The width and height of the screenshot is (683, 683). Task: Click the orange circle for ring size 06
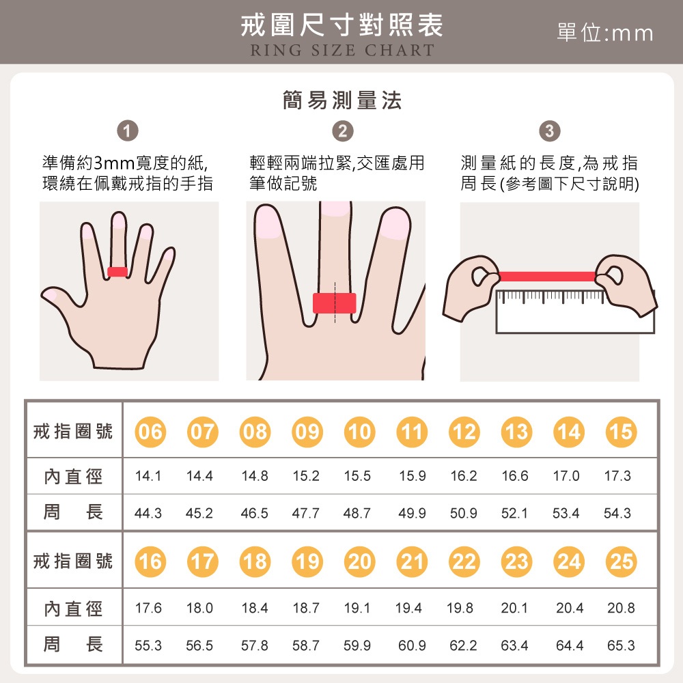tap(150, 432)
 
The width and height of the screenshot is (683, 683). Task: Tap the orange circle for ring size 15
tap(621, 432)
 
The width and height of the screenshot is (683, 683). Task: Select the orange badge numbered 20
tap(359, 561)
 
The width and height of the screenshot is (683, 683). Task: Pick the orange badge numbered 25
tap(621, 561)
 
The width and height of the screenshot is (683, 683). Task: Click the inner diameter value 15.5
tap(357, 475)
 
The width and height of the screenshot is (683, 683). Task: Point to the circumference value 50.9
tap(464, 513)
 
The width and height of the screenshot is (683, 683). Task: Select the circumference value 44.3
tap(148, 513)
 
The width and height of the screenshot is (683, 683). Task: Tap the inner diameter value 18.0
tap(199, 608)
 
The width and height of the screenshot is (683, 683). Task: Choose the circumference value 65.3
tap(621, 645)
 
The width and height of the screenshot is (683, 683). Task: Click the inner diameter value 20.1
tap(514, 608)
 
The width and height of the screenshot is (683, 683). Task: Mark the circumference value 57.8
tap(255, 645)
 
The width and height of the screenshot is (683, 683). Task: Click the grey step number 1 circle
tap(128, 130)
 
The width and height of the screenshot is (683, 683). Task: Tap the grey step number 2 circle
tap(343, 130)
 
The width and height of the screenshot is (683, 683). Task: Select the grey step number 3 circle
tap(550, 130)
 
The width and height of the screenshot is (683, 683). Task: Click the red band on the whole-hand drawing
tap(117, 272)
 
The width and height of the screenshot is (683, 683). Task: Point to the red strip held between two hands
tap(547, 276)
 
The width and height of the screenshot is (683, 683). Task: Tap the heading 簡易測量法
tap(342, 100)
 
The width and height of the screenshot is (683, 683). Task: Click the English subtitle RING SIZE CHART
tap(342, 50)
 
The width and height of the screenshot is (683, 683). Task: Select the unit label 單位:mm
tap(605, 33)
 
